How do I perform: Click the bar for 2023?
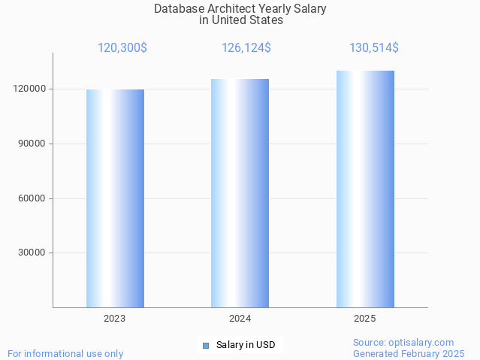point(115,198)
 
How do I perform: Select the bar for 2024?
point(240,193)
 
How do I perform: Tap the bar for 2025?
point(365,189)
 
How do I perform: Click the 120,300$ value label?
point(122,48)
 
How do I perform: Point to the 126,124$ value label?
point(246,48)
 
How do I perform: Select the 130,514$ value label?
point(374,48)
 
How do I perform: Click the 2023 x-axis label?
point(115,319)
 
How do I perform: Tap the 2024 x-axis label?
point(240,319)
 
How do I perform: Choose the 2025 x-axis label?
point(365,319)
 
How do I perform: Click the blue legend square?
point(205,346)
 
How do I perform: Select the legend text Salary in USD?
point(246,346)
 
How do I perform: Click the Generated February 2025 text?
point(409,353)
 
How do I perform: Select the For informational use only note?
point(65,353)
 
